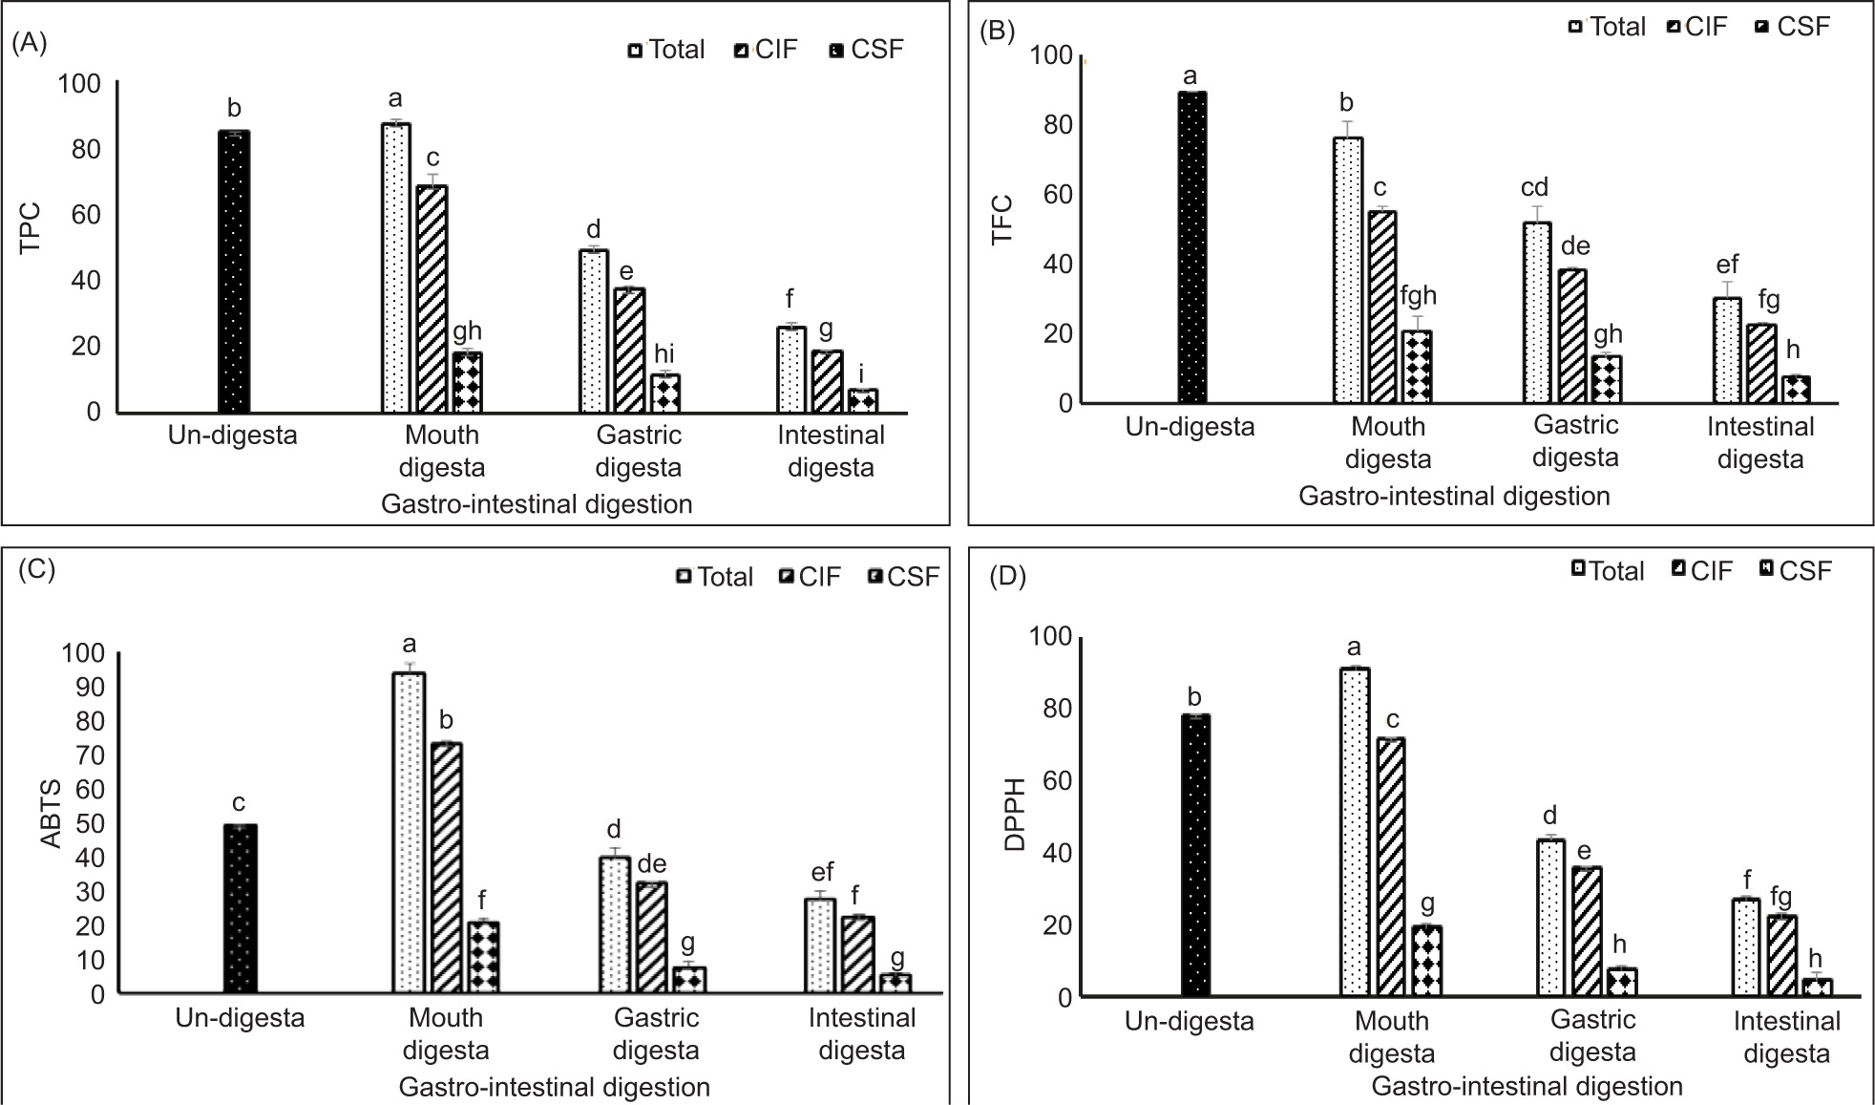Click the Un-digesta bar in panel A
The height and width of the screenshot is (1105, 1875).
click(234, 272)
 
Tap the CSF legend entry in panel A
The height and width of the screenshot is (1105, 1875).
click(866, 50)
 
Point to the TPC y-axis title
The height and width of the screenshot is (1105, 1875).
click(31, 227)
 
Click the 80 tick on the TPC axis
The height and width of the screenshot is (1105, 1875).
click(86, 149)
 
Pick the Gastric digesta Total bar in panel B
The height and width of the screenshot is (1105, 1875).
click(1537, 312)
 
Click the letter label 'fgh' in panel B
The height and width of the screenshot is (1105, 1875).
click(1418, 296)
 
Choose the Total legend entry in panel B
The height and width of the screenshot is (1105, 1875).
click(1608, 27)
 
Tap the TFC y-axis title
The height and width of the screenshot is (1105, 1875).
click(1001, 220)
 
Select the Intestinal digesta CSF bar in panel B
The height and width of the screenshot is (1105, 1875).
click(1796, 390)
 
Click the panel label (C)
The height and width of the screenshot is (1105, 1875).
click(36, 569)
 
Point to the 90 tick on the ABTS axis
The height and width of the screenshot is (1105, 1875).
click(83, 688)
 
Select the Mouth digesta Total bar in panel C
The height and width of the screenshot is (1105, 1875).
click(410, 833)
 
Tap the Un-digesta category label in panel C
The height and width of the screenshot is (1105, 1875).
click(240, 1018)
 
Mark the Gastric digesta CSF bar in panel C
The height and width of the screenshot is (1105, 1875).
click(689, 980)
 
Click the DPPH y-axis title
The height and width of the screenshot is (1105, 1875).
click(1016, 814)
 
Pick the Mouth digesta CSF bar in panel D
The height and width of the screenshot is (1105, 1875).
click(1426, 961)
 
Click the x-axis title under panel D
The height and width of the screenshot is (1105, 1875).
click(1527, 1087)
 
